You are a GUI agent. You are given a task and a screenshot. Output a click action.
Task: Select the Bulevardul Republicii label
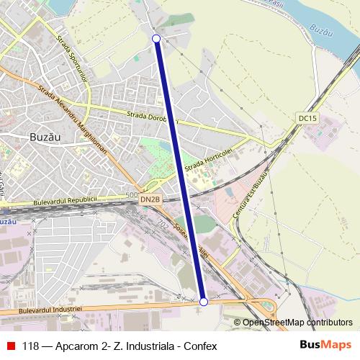pyautogui.click(x=72, y=198)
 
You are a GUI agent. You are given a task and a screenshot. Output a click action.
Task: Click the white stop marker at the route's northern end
pyautogui.click(x=157, y=38)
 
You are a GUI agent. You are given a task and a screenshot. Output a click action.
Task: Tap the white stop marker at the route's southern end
pyautogui.click(x=204, y=302)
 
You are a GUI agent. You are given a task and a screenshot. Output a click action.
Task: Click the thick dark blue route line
pyautogui.click(x=180, y=169)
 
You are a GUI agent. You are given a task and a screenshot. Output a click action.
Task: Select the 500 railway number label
pyautogui.click(x=130, y=194)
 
